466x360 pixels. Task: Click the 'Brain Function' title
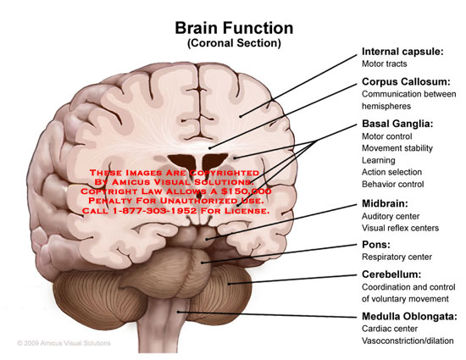pos(234,28)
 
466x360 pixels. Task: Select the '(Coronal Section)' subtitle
pos(234,43)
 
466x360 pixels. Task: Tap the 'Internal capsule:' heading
pos(402,52)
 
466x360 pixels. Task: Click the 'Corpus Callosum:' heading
pos(406,81)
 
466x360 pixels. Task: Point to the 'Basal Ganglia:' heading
pos(397,124)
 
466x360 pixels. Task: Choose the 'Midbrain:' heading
pos(385,203)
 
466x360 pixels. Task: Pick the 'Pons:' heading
pos(376,245)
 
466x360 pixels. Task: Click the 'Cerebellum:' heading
pos(391,274)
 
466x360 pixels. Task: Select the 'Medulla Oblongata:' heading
pos(409,317)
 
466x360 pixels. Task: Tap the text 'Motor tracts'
pos(385,64)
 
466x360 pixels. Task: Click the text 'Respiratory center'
pos(397,257)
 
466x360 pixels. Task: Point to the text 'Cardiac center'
pos(390,329)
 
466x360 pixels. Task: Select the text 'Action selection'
pos(391,172)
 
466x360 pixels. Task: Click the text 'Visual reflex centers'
pos(400,228)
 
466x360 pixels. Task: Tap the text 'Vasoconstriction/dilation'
pos(408,341)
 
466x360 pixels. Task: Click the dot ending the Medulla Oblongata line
pos(178,312)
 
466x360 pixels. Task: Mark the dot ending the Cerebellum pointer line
pos(229,284)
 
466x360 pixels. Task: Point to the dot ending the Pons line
pos(202,263)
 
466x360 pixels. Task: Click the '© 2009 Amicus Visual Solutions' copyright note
pos(64,343)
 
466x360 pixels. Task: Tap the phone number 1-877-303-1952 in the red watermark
pos(155,211)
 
